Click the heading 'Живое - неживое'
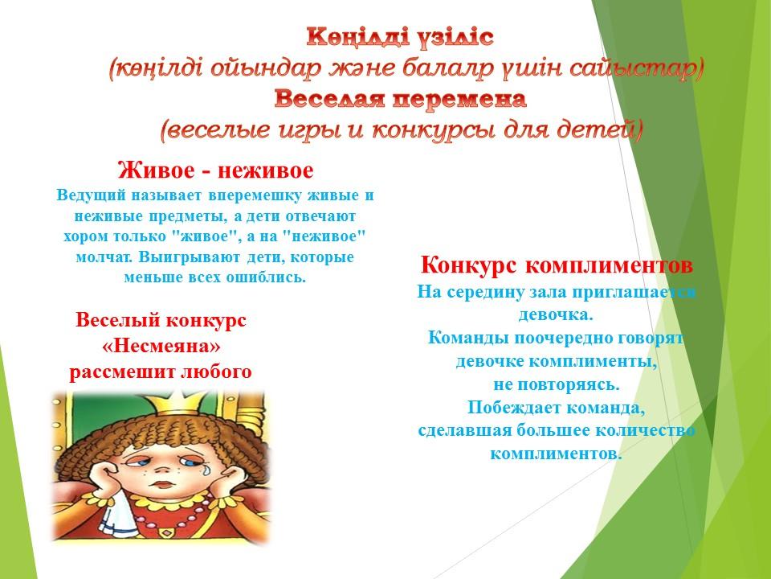[215, 170]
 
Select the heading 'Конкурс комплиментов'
[557, 265]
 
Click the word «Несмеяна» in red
[161, 346]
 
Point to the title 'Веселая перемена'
[400, 99]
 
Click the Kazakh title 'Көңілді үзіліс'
[400, 38]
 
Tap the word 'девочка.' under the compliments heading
[556, 314]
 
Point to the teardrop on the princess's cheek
[205, 469]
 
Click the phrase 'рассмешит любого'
[161, 372]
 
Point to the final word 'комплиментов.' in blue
[556, 453]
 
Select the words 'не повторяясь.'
[556, 384]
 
